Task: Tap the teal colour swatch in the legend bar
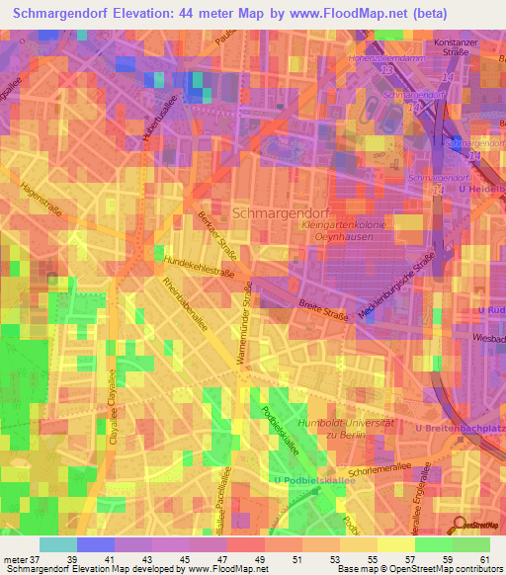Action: click(x=58, y=544)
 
